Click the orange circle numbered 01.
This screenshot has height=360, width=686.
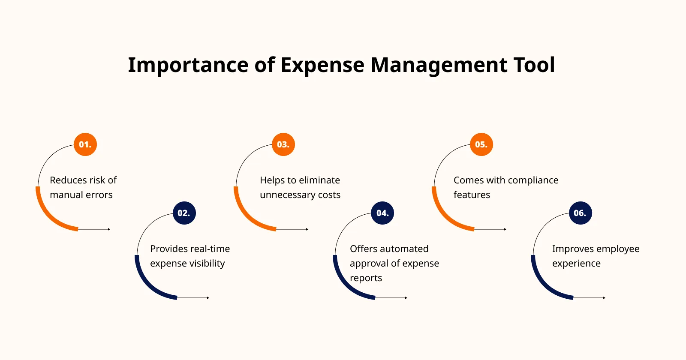click(x=85, y=144)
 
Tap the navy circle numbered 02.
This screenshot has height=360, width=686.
click(x=184, y=213)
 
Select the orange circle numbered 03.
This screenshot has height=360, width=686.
click(x=283, y=144)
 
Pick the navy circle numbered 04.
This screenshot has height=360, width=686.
click(x=382, y=213)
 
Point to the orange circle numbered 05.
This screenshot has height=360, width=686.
click(x=481, y=144)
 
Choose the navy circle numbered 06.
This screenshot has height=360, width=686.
click(x=581, y=213)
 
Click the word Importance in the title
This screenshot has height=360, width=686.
click(x=188, y=66)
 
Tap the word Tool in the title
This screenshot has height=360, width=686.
click(x=534, y=65)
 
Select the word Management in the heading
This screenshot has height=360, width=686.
click(x=439, y=66)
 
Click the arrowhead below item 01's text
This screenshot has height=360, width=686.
click(x=109, y=229)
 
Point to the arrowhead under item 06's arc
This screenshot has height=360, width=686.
click(x=604, y=298)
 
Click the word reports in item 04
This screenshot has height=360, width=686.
click(x=366, y=278)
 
